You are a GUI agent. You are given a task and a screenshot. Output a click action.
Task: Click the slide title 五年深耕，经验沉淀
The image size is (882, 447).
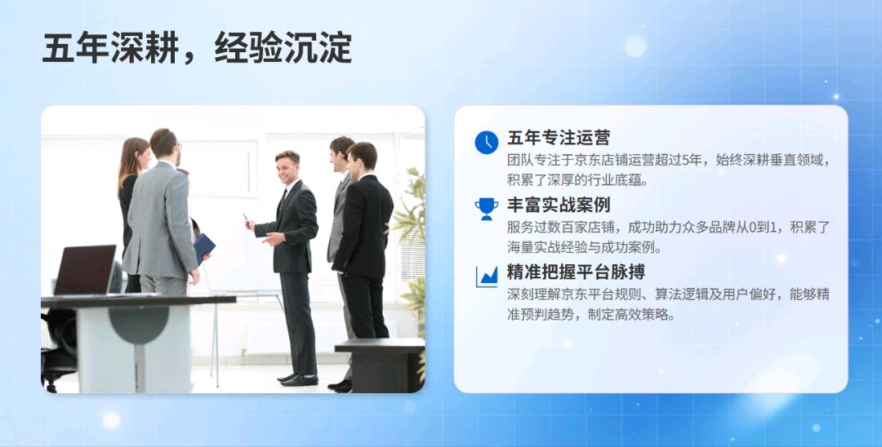tap(197, 49)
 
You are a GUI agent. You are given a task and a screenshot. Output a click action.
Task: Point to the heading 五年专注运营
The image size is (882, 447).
tap(559, 138)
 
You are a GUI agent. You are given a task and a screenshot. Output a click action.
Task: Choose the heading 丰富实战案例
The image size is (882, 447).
tap(559, 205)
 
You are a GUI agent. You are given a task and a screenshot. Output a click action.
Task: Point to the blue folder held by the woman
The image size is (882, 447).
tap(203, 247)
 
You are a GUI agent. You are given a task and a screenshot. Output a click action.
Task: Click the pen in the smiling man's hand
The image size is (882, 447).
tap(245, 219)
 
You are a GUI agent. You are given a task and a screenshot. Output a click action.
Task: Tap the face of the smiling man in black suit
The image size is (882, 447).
tap(287, 168)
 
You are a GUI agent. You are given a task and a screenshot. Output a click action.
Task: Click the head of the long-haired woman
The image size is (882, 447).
tap(134, 155)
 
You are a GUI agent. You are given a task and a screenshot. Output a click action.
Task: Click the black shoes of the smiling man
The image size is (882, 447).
tap(297, 379)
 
